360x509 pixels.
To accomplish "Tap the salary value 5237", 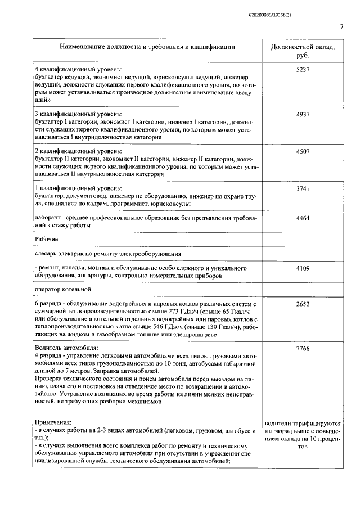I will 303,69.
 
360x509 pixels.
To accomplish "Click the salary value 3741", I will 303,189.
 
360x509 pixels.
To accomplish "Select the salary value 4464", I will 303,218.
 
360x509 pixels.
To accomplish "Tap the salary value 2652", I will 303,304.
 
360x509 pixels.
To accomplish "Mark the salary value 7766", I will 303,349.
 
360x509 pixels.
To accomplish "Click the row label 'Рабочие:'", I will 47,240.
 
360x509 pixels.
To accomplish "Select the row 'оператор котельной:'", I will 62,290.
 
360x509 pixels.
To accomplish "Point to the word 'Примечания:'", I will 53,421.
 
